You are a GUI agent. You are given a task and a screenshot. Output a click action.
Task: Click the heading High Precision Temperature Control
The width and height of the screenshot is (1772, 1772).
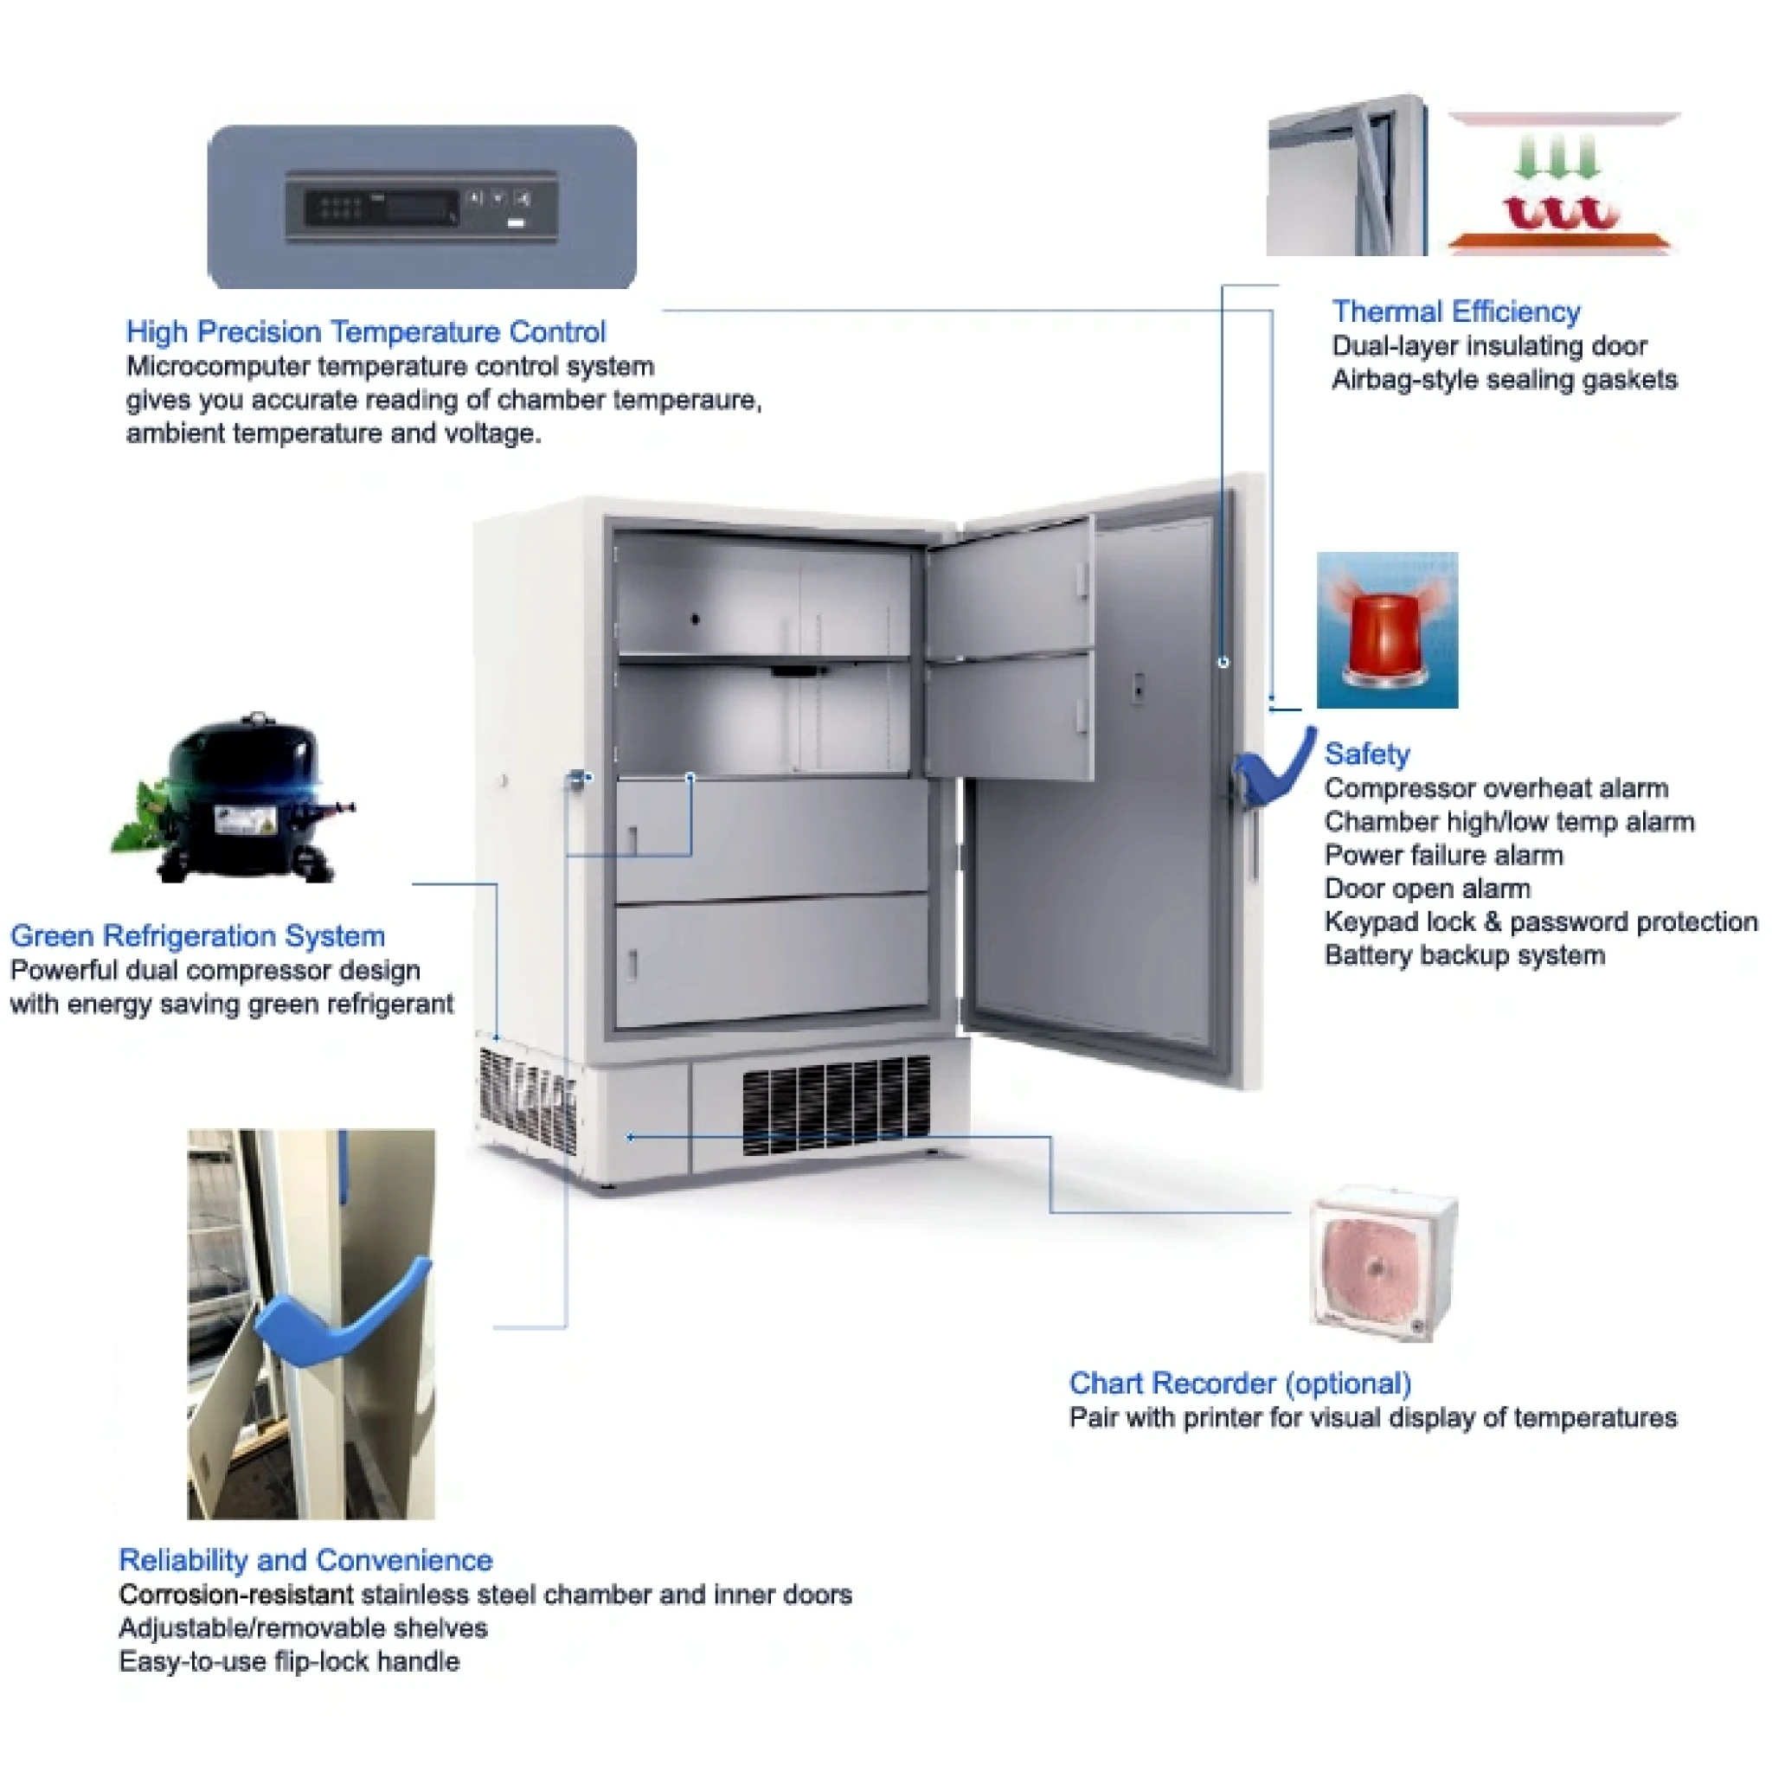[366, 331]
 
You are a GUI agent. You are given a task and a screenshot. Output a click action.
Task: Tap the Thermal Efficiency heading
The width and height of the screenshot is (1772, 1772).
[1456, 311]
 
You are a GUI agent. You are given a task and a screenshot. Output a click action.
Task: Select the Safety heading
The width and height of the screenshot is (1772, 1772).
[1366, 754]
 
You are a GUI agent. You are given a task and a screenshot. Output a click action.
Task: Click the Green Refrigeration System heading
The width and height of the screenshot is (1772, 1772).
[197, 935]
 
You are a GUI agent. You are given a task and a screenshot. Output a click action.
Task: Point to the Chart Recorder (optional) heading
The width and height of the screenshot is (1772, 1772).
[1240, 1384]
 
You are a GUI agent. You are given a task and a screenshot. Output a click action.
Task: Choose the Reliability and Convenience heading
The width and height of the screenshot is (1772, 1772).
[305, 1560]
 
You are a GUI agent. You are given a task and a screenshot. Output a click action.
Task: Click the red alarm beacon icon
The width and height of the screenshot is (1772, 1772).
[1387, 630]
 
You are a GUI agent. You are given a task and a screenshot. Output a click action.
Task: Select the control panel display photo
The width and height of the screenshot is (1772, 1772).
[422, 208]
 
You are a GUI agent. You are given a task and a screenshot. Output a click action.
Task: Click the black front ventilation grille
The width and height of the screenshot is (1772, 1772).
[836, 1104]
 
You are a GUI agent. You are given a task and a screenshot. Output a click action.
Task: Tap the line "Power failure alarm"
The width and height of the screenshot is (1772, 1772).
[1444, 855]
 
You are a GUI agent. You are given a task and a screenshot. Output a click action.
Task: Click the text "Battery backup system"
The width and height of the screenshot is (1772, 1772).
[1465, 955]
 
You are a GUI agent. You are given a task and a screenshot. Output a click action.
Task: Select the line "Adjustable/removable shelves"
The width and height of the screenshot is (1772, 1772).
[303, 1628]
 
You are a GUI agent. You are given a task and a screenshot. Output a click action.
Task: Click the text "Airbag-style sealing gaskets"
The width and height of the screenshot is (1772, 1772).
[1504, 380]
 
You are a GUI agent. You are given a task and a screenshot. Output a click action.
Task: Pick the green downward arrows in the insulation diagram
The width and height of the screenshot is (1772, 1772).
[1557, 157]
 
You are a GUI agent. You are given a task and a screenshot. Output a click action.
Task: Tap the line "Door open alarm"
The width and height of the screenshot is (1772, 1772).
[1427, 888]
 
